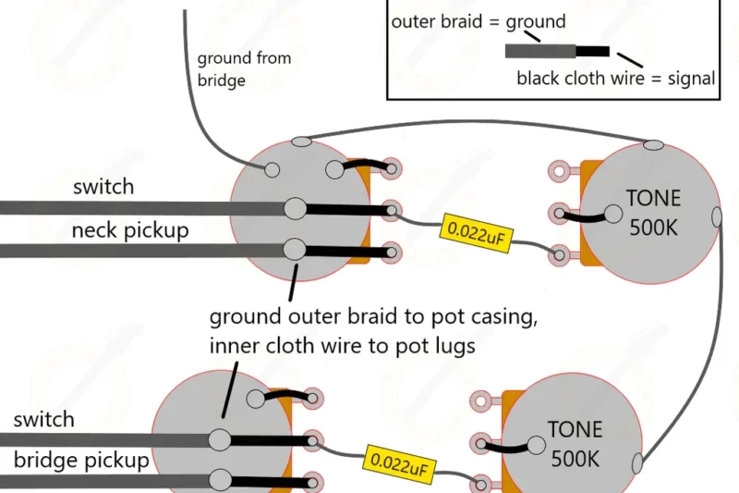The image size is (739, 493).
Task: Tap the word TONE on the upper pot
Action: click(653, 198)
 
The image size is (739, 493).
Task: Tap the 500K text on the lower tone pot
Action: click(575, 457)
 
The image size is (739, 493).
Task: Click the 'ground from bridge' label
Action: click(244, 69)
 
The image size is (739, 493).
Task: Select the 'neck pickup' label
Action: click(129, 230)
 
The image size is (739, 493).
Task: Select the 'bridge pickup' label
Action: click(81, 461)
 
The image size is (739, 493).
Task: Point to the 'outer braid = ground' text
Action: click(479, 21)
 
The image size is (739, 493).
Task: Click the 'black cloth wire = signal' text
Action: click(616, 79)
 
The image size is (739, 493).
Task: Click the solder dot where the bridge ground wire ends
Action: click(272, 169)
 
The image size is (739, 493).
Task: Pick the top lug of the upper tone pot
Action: click(558, 170)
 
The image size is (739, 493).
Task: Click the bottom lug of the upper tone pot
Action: click(558, 253)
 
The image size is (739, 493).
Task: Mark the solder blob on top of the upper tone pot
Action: click(653, 144)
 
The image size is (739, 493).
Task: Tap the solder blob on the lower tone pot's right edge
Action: click(637, 462)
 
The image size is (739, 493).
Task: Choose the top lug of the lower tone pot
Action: click(480, 401)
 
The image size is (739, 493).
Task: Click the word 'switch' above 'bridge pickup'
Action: click(43, 419)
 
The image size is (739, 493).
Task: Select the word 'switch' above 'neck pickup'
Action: click(103, 187)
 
